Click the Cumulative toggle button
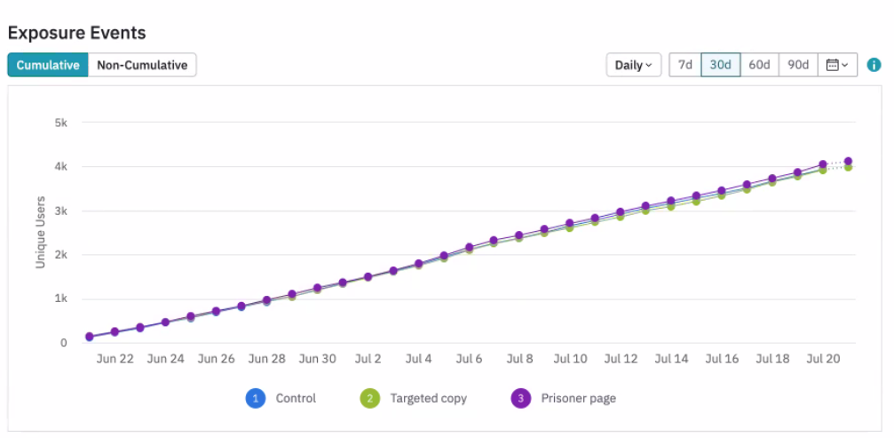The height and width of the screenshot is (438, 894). tap(48, 65)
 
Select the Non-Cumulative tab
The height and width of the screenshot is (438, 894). tap(142, 65)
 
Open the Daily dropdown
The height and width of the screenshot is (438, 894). tap(633, 65)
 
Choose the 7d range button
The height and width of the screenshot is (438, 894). tap(684, 65)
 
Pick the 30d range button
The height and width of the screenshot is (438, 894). tap(720, 65)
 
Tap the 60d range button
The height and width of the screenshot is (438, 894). tap(759, 65)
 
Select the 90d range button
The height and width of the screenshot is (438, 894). tap(798, 65)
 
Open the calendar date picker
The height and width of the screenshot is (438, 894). tap(837, 65)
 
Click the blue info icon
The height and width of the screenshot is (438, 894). tap(874, 65)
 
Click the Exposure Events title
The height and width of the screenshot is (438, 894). tap(76, 33)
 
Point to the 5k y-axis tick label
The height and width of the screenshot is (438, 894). tap(60, 123)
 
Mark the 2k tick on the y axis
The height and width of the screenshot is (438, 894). tap(60, 255)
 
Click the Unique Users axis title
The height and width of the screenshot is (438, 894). tap(40, 233)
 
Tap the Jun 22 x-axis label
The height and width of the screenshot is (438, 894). tap(115, 360)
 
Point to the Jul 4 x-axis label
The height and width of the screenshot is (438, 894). tap(418, 360)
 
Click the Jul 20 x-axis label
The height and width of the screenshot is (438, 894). tap(823, 360)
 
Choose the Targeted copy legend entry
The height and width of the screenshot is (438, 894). tap(416, 399)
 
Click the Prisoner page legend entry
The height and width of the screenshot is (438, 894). tap(564, 399)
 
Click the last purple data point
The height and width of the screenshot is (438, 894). tap(848, 162)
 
